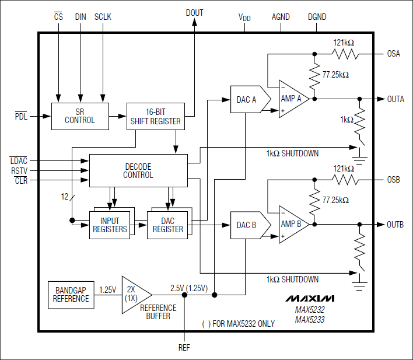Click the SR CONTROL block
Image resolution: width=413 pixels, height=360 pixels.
point(80,116)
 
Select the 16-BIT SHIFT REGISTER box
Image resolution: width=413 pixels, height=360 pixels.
point(155,116)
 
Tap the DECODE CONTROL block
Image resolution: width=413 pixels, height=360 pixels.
point(138,170)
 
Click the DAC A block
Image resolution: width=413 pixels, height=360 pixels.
point(248,99)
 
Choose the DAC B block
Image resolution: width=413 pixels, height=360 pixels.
point(248,225)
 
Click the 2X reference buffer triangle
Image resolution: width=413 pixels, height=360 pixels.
point(134,294)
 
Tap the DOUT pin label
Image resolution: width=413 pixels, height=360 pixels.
point(194,13)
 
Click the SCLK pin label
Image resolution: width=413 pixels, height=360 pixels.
point(103,18)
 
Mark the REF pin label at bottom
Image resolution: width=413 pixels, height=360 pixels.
point(184,347)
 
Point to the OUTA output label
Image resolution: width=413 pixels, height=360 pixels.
point(395,99)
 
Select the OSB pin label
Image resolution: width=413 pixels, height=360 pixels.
point(394,180)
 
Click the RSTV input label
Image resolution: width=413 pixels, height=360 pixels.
point(19,170)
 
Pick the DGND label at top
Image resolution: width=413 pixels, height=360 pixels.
point(317,18)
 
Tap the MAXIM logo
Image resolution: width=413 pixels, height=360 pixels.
point(310,298)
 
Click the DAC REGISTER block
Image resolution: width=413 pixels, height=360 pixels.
point(167,225)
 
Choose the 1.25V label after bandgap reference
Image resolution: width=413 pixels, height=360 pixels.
point(107,289)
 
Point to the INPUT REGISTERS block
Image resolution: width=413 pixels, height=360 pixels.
point(110,225)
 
